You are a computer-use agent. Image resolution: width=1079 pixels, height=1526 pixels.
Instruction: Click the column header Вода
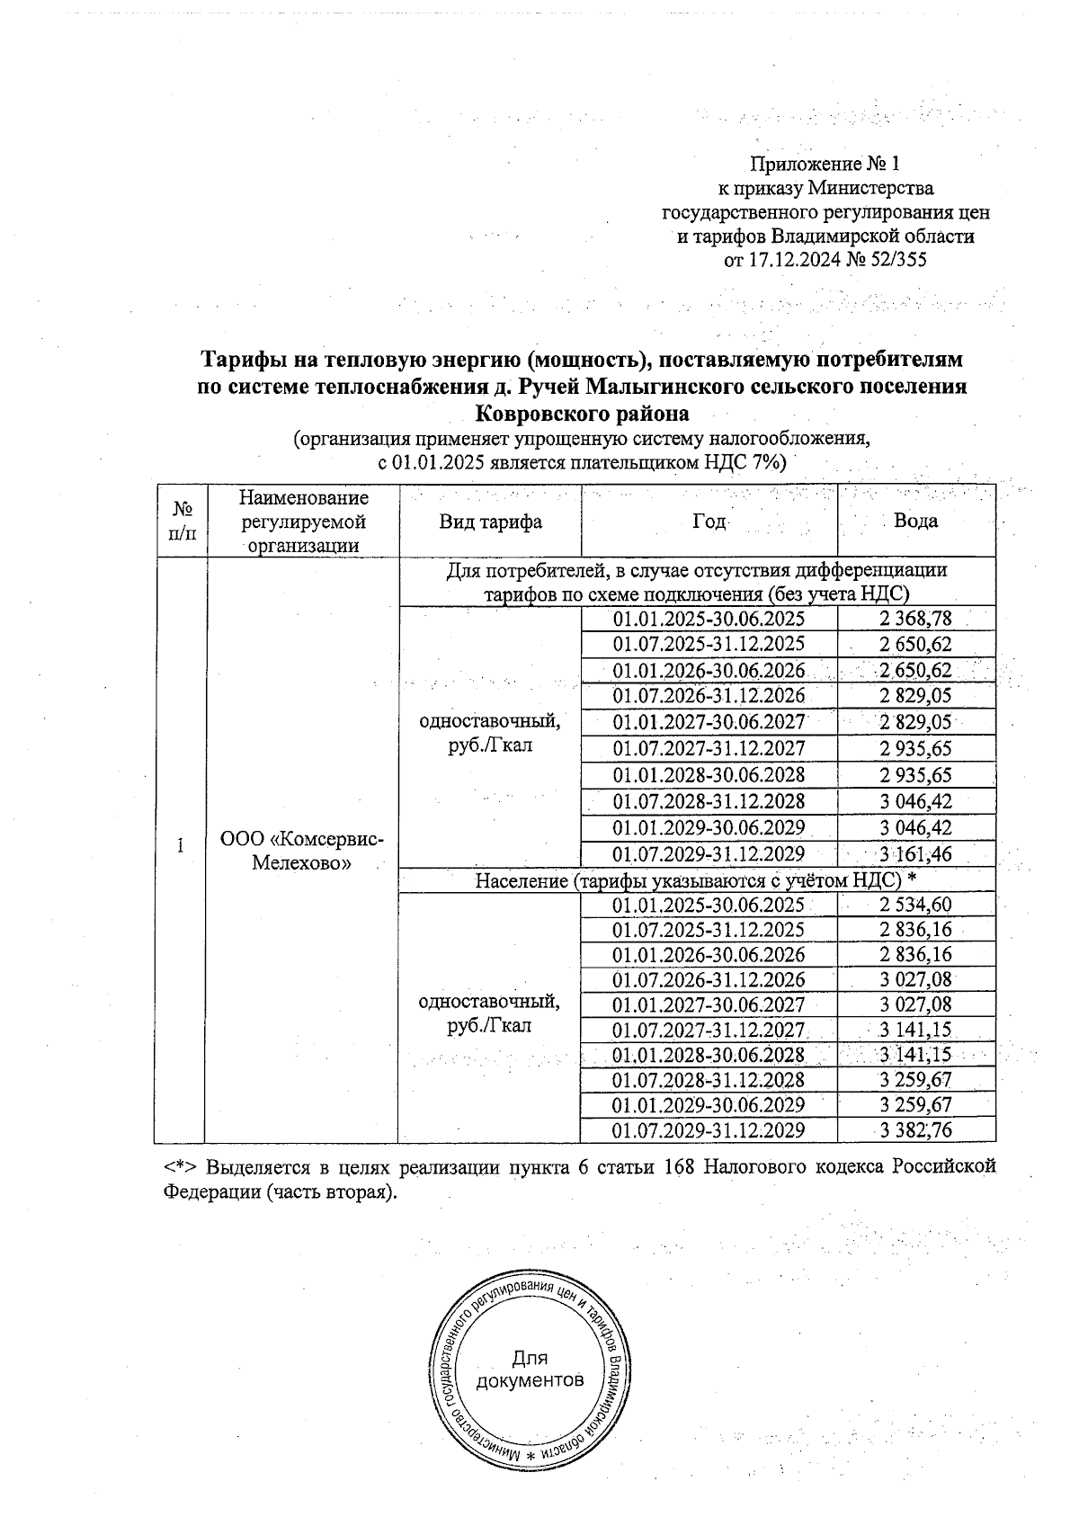[x=915, y=521]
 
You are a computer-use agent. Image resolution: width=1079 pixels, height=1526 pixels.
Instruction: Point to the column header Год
[x=709, y=522]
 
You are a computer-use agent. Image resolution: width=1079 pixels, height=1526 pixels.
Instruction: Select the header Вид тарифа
[x=490, y=522]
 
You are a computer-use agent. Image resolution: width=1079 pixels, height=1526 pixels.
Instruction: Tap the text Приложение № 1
[x=825, y=165]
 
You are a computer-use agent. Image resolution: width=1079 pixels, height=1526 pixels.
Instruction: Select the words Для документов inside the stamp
[x=530, y=1369]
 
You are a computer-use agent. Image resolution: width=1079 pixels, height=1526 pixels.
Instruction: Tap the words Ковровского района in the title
[x=582, y=415]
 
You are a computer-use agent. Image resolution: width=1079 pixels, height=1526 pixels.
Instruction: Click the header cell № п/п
[x=181, y=521]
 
